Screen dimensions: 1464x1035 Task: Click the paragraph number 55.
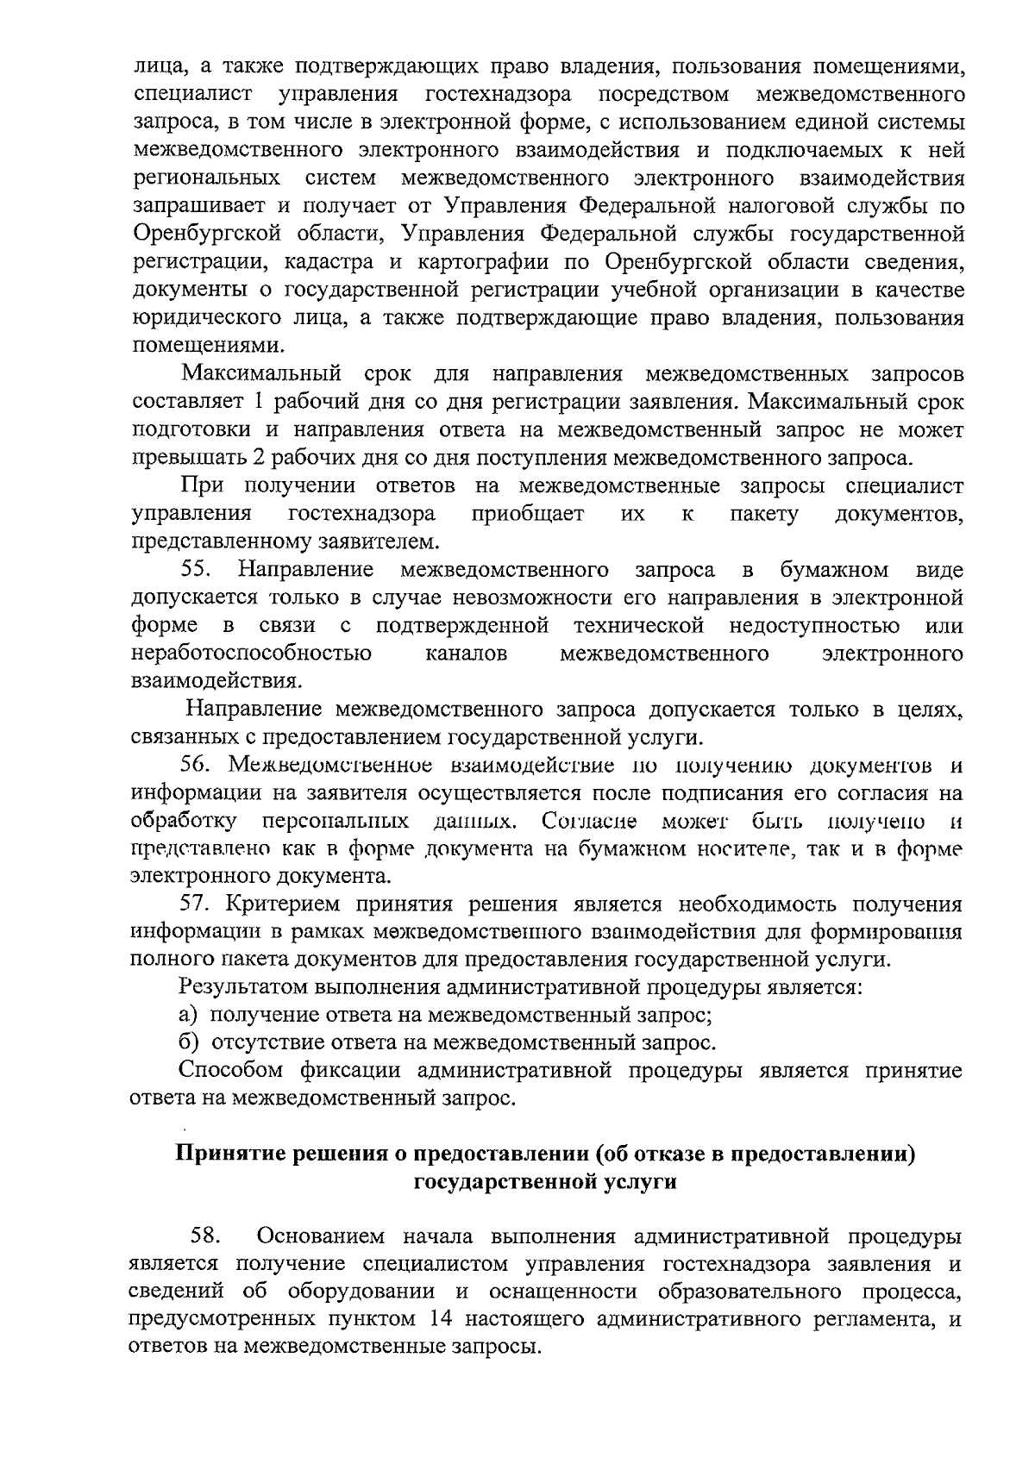click(x=198, y=570)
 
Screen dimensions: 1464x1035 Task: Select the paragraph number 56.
click(x=197, y=766)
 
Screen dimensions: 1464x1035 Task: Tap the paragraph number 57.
click(x=197, y=904)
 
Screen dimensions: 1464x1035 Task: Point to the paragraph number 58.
click(x=207, y=1236)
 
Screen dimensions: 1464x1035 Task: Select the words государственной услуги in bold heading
click(x=545, y=1181)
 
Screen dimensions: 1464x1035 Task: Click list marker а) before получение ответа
click(x=189, y=1015)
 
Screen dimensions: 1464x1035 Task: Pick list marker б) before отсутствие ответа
click(x=189, y=1043)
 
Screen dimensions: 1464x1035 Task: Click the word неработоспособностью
click(x=251, y=653)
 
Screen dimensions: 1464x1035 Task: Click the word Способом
click(x=230, y=1071)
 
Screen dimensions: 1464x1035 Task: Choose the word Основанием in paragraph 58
click(x=321, y=1236)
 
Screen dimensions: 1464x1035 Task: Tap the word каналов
click(x=466, y=653)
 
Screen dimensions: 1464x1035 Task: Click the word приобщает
click(x=528, y=514)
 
